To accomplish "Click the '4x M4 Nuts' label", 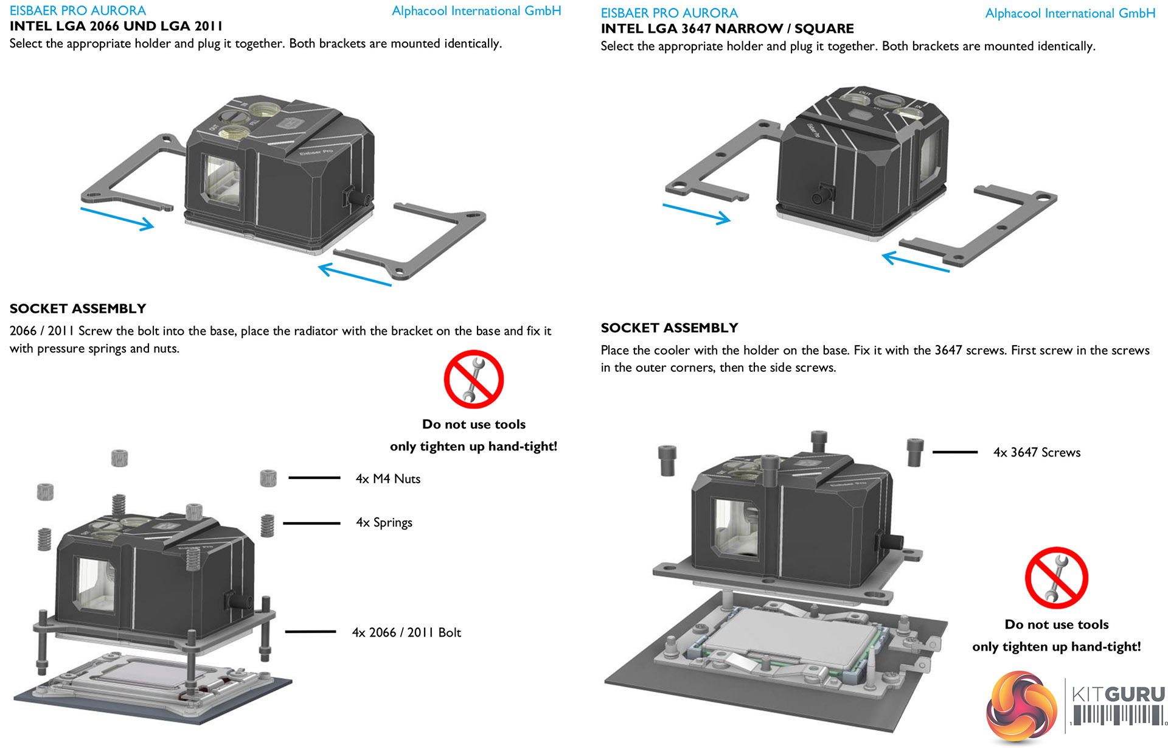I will [x=388, y=479].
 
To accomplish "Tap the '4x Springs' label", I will [x=384, y=523].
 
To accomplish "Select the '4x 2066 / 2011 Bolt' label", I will [x=406, y=633].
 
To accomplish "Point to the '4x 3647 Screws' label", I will [x=1037, y=453].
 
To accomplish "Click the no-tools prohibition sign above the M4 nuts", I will [x=473, y=379].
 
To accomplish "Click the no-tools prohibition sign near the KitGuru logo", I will [x=1056, y=578].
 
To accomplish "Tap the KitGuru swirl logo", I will [x=1020, y=706].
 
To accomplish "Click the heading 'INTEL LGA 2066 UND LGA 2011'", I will [x=116, y=26].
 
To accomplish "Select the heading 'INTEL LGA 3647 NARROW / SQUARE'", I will [x=727, y=29].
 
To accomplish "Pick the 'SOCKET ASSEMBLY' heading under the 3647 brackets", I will [x=669, y=328].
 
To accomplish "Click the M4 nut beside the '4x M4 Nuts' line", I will [x=268, y=478].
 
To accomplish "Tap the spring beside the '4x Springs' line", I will [x=267, y=525].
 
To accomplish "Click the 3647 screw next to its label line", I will [x=915, y=452].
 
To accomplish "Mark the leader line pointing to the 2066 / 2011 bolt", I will [x=310, y=632].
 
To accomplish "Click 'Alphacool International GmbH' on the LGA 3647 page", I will [x=1069, y=13].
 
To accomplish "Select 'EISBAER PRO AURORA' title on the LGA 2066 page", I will [x=78, y=10].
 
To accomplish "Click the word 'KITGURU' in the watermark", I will [x=1118, y=694].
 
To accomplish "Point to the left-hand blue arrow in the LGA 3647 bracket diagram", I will [x=696, y=214].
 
